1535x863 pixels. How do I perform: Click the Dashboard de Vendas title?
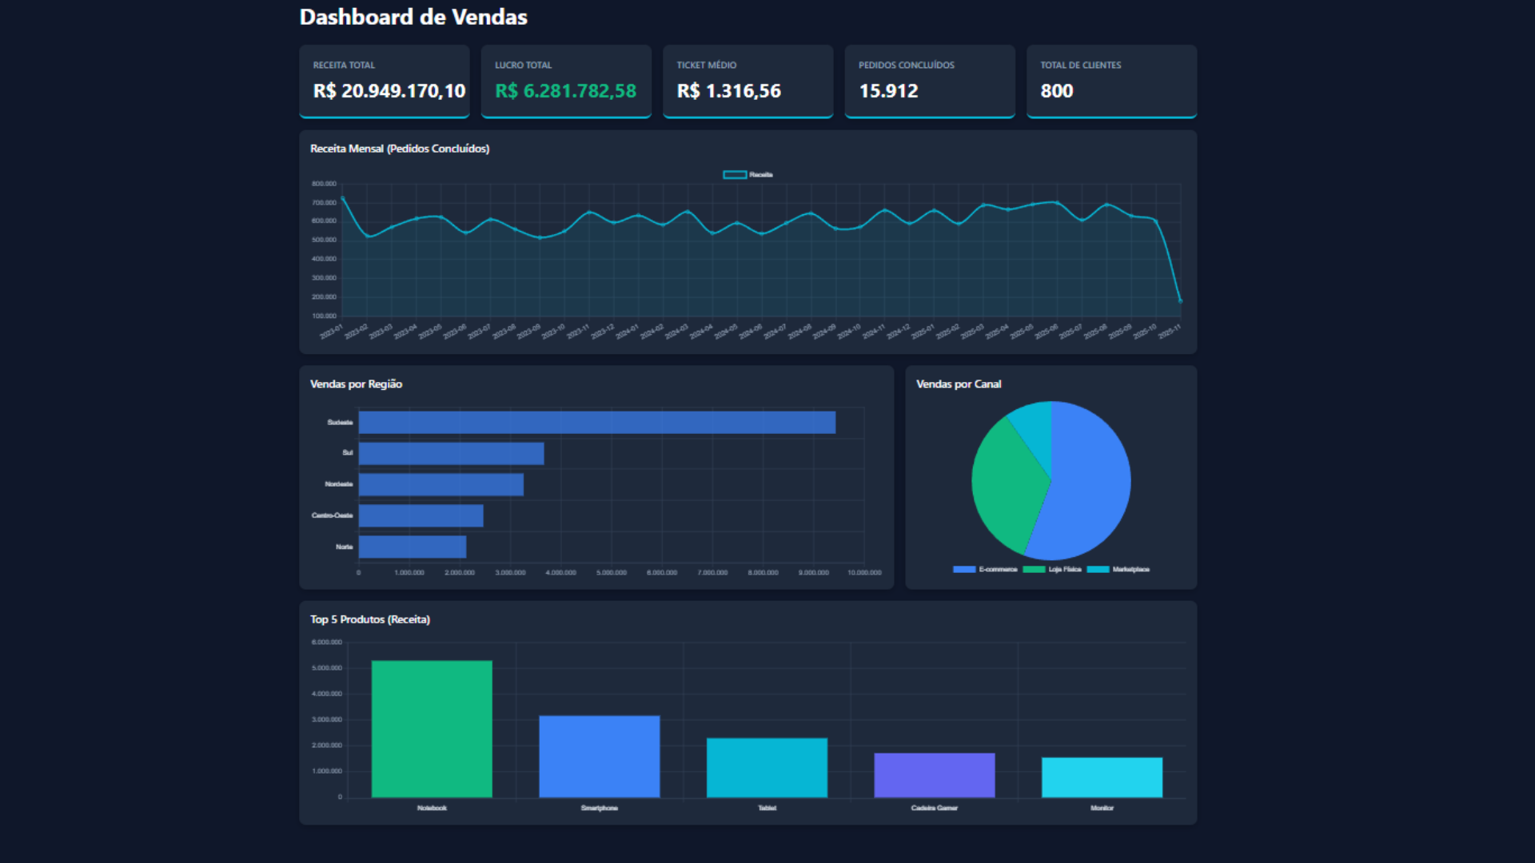click(x=413, y=17)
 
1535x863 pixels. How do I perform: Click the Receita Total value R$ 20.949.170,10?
click(x=389, y=91)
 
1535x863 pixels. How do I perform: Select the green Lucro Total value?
click(x=565, y=91)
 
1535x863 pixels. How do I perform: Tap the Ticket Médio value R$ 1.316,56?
click(x=728, y=91)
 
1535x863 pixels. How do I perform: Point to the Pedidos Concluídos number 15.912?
click(x=888, y=91)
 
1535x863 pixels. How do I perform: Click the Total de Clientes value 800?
click(x=1056, y=91)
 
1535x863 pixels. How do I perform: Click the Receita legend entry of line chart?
click(x=748, y=174)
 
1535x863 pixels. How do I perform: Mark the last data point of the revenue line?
click(x=1180, y=301)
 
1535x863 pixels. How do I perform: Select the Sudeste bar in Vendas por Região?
click(x=596, y=423)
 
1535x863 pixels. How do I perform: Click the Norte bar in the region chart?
click(x=413, y=547)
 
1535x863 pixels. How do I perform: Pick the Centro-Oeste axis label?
click(x=332, y=515)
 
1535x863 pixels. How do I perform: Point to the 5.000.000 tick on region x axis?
click(x=611, y=572)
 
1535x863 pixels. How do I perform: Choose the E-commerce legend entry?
click(x=985, y=569)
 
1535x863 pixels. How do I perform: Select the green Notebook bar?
click(x=432, y=728)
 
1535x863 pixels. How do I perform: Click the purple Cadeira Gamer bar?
click(x=934, y=774)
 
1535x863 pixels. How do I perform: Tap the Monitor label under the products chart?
click(x=1102, y=808)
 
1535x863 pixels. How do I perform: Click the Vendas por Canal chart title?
click(x=958, y=384)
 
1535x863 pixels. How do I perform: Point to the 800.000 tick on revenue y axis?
click(x=324, y=184)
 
